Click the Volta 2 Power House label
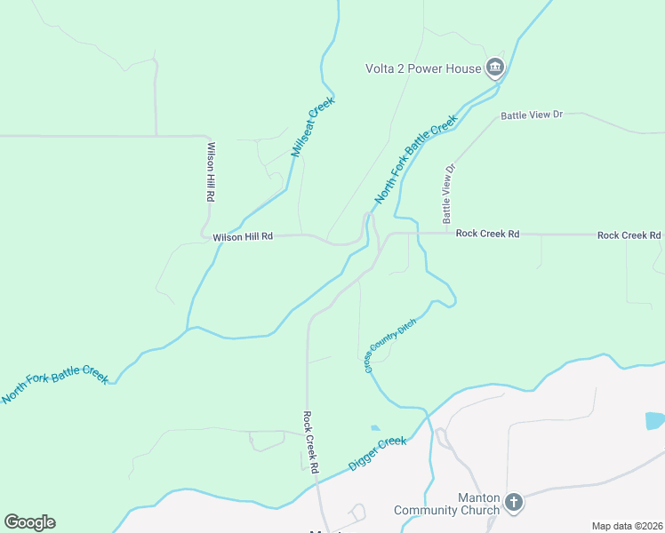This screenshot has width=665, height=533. tap(423, 68)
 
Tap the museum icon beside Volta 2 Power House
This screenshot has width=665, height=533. tap(495, 67)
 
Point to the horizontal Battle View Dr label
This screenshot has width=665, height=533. tap(533, 115)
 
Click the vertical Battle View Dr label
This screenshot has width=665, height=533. tap(449, 193)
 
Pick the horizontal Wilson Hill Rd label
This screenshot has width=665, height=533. tap(243, 237)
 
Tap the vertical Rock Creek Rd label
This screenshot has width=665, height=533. tap(310, 442)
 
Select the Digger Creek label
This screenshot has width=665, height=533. tap(378, 453)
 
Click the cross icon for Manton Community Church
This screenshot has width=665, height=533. tap(513, 504)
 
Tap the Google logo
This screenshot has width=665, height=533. tap(29, 522)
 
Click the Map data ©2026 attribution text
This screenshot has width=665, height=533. tap(627, 526)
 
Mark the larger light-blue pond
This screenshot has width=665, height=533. tap(655, 420)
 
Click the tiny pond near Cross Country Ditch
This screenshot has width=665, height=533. tap(374, 427)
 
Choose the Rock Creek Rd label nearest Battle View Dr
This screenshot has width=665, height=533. tap(487, 234)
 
